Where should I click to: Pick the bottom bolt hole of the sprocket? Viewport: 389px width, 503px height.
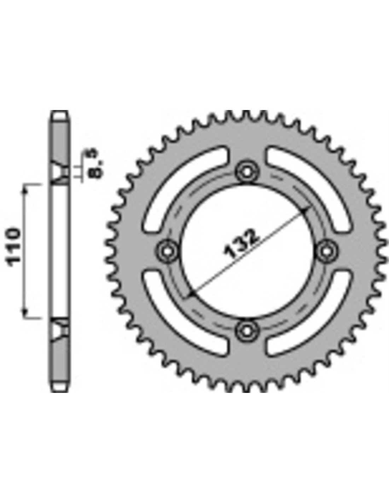[247, 331]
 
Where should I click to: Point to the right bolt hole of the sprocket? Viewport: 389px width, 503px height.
[326, 251]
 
